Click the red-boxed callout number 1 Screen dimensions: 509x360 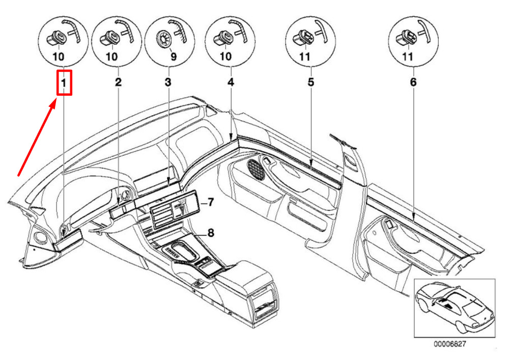pos(64,83)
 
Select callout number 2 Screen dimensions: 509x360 pos(119,82)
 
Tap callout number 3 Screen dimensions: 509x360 pos(168,82)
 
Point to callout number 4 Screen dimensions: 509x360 pos(231,82)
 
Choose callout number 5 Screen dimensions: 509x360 pos(311,82)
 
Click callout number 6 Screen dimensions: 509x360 pos(413,82)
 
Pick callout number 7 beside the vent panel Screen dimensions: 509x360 pos(210,203)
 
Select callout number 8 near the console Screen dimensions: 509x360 pos(211,232)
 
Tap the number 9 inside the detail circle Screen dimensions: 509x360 pos(174,57)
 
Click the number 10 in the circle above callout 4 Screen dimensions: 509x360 pos(225,57)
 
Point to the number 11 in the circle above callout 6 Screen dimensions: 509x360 pos(407,57)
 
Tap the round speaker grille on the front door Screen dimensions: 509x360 pos(257,170)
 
